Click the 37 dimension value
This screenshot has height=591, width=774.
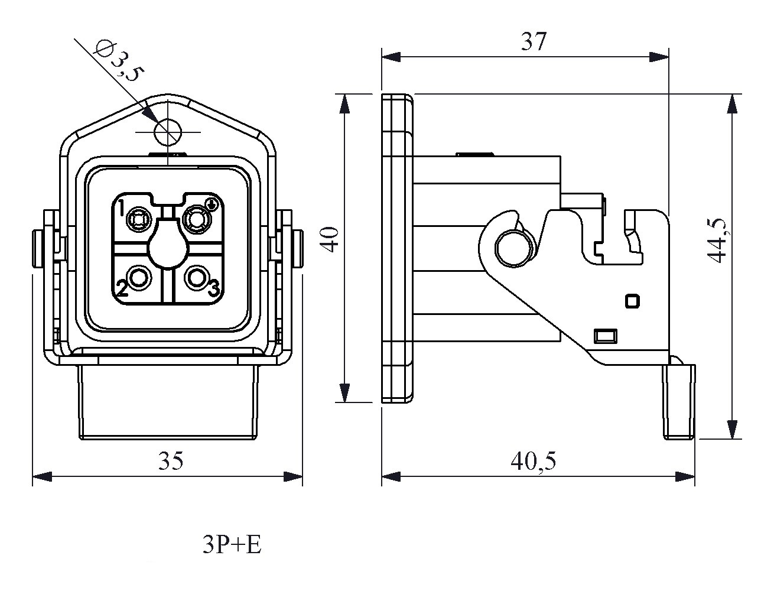pyautogui.click(x=534, y=42)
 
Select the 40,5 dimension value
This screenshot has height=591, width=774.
pyautogui.click(x=534, y=461)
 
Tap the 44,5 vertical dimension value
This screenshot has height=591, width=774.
pyautogui.click(x=717, y=239)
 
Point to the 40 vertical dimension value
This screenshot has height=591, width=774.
pyautogui.click(x=331, y=239)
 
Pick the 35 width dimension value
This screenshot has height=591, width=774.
pyautogui.click(x=170, y=461)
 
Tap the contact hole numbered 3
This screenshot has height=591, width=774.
pyautogui.click(x=196, y=276)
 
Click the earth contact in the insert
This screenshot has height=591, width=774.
pyautogui.click(x=196, y=220)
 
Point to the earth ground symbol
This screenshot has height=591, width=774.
pyautogui.click(x=213, y=204)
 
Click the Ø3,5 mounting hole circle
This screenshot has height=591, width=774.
pyautogui.click(x=167, y=132)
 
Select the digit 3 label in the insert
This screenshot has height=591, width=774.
pyautogui.click(x=213, y=288)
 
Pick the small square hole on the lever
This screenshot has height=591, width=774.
pyautogui.click(x=632, y=301)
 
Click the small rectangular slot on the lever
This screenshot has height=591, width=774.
pyautogui.click(x=605, y=336)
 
